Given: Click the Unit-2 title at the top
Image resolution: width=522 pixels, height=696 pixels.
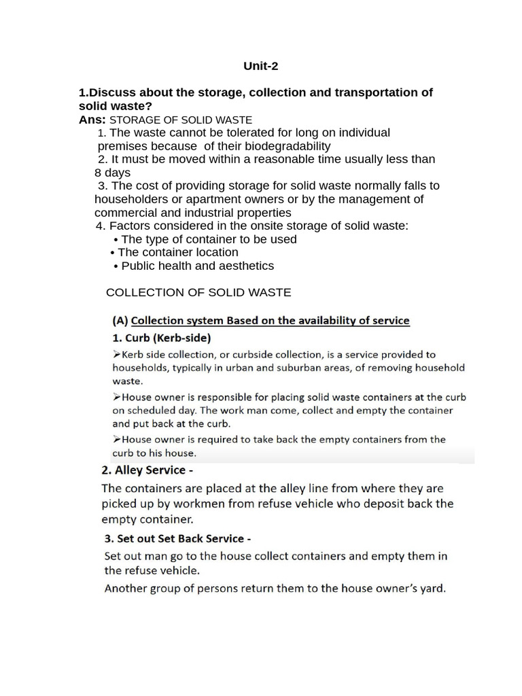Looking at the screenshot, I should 261,66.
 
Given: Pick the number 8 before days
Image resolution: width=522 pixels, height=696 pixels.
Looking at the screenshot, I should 98,173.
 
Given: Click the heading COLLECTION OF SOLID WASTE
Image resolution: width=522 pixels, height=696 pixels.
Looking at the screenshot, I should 198,292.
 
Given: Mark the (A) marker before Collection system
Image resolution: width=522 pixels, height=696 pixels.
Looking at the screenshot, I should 120,320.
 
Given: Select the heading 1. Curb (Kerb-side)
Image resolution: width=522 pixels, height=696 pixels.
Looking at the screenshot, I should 161,338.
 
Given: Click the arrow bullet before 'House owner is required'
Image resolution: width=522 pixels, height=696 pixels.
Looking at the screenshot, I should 116,439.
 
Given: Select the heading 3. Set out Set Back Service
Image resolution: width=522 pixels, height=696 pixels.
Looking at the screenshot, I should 177,538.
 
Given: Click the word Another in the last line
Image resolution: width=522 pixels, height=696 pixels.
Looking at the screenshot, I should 126,589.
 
